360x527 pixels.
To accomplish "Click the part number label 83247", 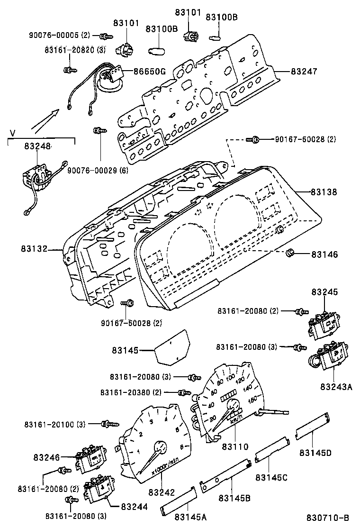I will coord(304,72).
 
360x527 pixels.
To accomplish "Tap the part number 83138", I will coord(324,192).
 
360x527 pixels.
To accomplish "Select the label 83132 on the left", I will coord(34,248).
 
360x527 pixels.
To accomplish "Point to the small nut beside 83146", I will coord(290,254).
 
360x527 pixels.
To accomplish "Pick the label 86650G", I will coord(149,72).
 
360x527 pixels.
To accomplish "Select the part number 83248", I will coord(38,147).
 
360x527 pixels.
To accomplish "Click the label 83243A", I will coord(337,387).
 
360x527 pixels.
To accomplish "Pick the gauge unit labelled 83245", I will coord(324,324).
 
